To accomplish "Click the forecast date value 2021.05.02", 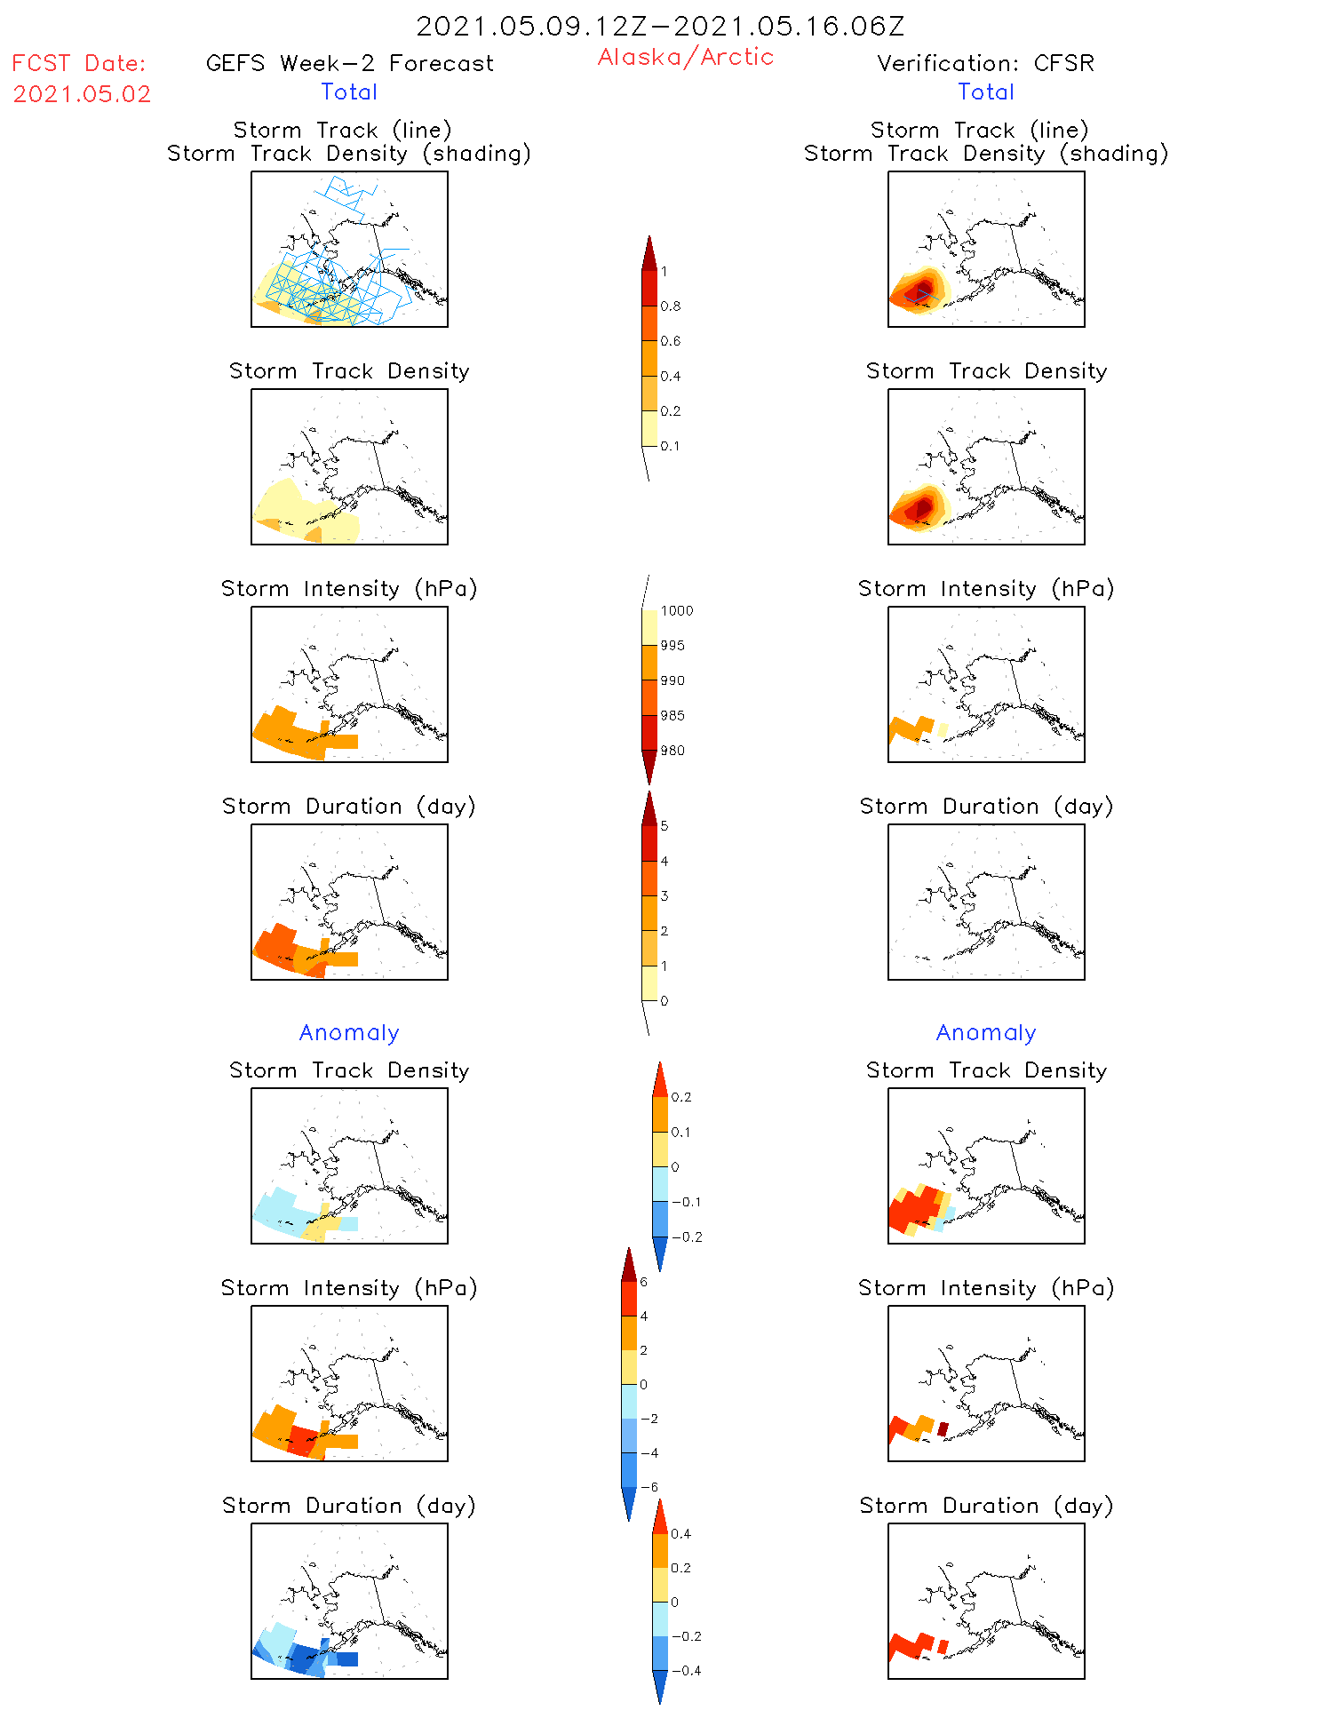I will tap(82, 94).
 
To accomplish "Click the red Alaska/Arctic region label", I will tap(685, 57).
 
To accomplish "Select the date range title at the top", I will tap(660, 26).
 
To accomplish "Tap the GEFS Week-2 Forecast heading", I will tap(349, 63).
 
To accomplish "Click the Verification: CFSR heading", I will tap(985, 63).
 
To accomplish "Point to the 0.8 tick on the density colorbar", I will tap(671, 306).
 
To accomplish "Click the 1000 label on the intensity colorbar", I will tap(677, 611).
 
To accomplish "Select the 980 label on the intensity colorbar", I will tap(672, 751).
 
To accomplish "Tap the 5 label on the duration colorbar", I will tap(664, 826).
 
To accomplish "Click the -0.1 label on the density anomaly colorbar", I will tap(686, 1202).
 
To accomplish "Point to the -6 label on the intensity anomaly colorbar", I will tap(649, 1487).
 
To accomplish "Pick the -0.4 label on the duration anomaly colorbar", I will tap(686, 1671).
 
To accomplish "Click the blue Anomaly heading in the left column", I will tap(349, 1032).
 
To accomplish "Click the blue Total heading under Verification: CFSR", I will tap(985, 91).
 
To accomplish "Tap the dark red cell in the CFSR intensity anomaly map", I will tap(943, 1428).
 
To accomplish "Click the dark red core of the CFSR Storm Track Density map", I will tap(921, 508).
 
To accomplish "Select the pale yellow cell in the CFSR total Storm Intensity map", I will tap(943, 730).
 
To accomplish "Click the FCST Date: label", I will tap(79, 63).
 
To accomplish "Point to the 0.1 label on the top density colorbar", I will tap(670, 446).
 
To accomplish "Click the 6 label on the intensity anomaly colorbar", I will tap(643, 1282).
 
